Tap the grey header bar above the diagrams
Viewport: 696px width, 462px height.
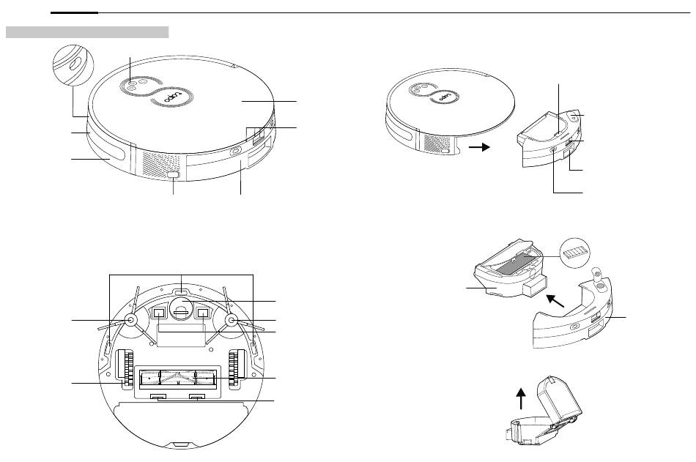pos(87,32)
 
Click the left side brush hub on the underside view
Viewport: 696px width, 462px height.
pos(132,320)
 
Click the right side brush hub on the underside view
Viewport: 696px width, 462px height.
pos(232,320)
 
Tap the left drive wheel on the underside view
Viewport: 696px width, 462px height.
pos(128,368)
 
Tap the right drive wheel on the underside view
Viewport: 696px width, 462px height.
pos(237,368)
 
